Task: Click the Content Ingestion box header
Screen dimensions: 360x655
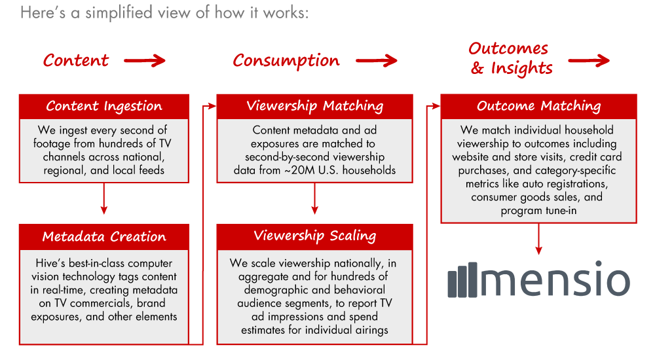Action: (x=104, y=106)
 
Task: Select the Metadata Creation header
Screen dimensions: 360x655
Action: (x=104, y=236)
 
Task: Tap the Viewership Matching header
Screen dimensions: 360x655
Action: (x=315, y=106)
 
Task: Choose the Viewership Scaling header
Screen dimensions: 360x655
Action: (x=315, y=236)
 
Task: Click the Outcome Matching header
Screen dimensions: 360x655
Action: (x=538, y=106)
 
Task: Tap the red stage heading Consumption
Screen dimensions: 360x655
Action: (x=286, y=61)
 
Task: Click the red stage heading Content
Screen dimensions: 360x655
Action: (x=76, y=60)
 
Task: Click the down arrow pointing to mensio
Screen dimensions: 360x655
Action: (x=538, y=239)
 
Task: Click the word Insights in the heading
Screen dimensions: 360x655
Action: (x=521, y=68)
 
